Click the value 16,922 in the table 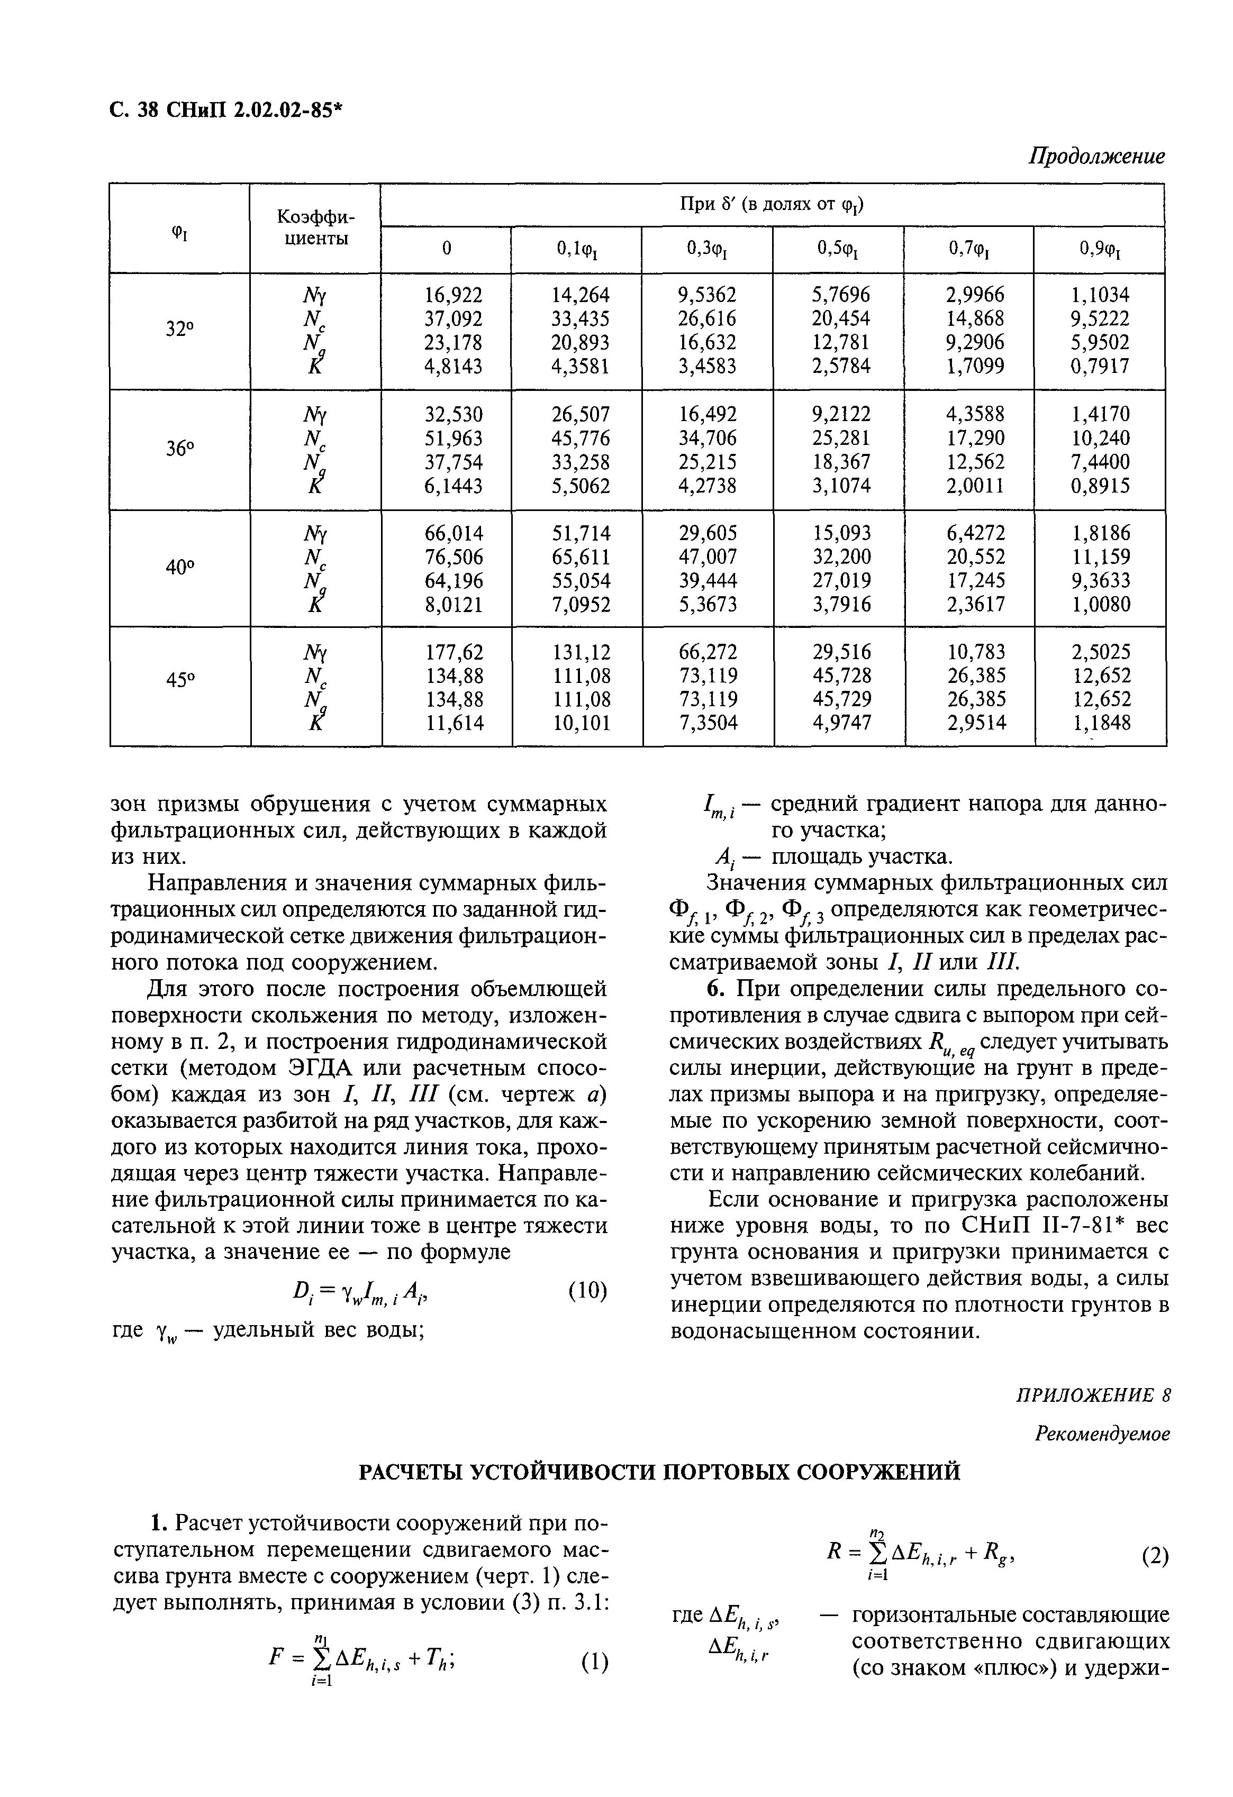[x=454, y=295]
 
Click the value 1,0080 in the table [x=1100, y=604]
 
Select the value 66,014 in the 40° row [x=454, y=533]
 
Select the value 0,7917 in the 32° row [x=1100, y=366]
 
